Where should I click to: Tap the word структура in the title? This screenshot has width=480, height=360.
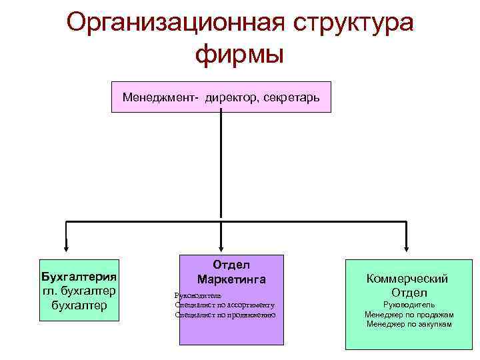click(353, 23)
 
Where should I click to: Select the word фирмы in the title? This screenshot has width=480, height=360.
click(240, 54)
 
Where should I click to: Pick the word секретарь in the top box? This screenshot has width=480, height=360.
click(292, 97)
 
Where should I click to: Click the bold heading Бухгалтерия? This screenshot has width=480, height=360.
click(79, 276)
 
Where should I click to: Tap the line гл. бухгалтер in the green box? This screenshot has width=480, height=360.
click(79, 291)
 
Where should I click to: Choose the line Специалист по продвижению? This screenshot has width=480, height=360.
click(225, 314)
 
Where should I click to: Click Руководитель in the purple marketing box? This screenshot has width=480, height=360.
click(198, 295)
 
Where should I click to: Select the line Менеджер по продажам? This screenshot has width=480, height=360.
click(409, 314)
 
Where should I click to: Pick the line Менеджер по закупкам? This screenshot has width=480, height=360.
click(409, 324)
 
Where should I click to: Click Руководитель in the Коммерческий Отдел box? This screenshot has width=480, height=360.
click(409, 304)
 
